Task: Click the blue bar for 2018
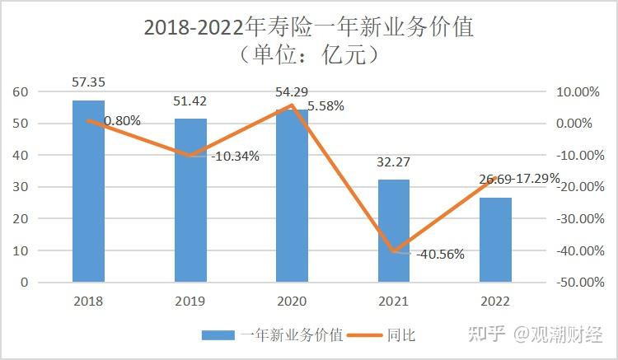(88, 191)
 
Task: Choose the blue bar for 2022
(495, 240)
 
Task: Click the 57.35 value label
(88, 83)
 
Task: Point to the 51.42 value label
(190, 102)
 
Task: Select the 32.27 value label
(394, 162)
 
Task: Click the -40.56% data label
(438, 255)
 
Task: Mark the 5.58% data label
(325, 106)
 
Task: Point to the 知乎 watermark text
(486, 334)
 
